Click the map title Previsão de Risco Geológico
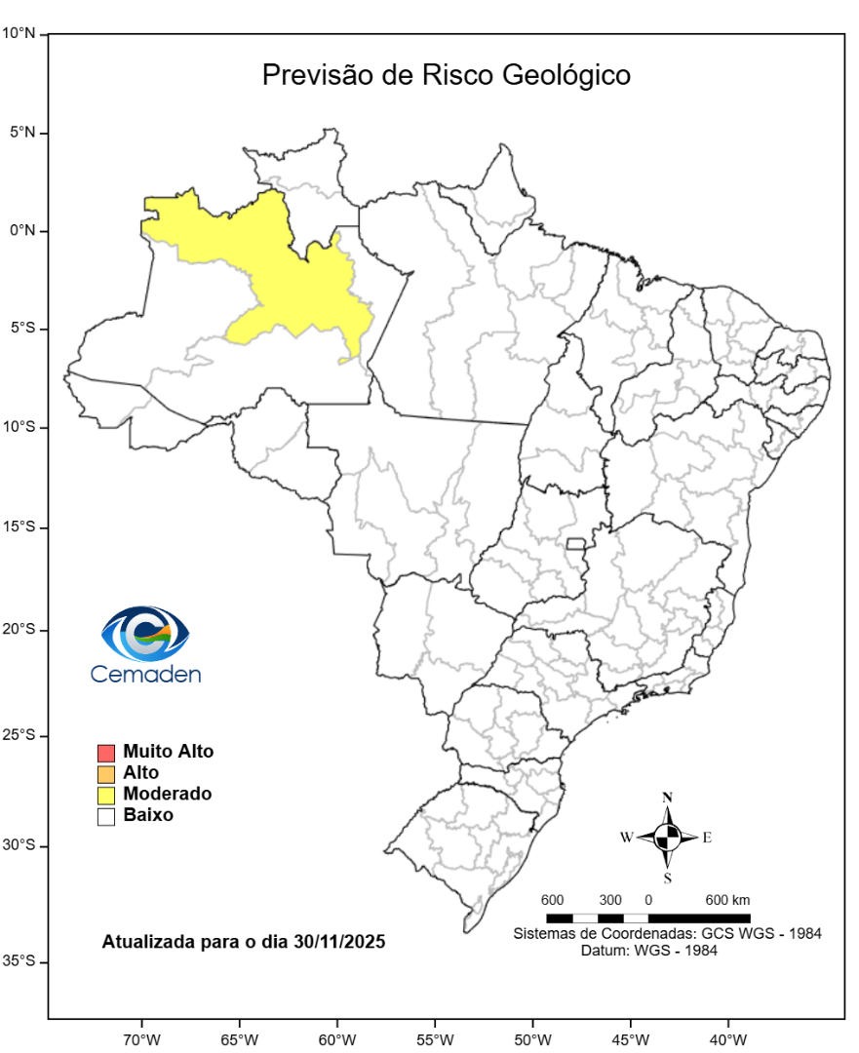446,75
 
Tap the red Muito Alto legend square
106,753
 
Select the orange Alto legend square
106,774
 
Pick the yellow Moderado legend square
106,795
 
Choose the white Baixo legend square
106,816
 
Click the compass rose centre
668,837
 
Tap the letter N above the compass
668,797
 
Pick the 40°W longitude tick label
727,1037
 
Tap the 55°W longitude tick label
434,1037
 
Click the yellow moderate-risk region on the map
293,283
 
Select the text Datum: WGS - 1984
648,950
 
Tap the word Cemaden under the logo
145,673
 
